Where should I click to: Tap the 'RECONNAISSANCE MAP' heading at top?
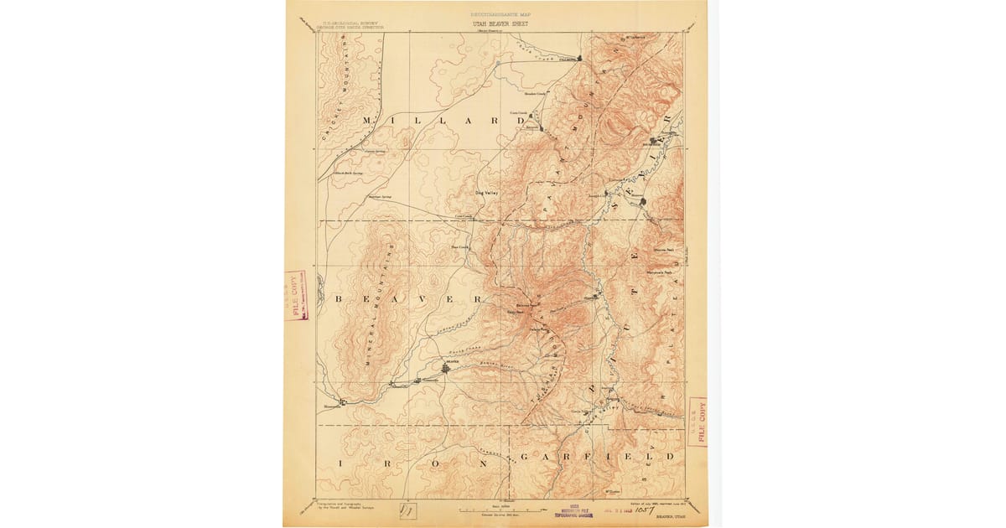click(501, 15)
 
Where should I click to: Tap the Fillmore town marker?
click(579, 59)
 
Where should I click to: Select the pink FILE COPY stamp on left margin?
click(295, 295)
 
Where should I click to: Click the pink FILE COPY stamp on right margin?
click(697, 422)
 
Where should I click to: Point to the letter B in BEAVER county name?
click(340, 299)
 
